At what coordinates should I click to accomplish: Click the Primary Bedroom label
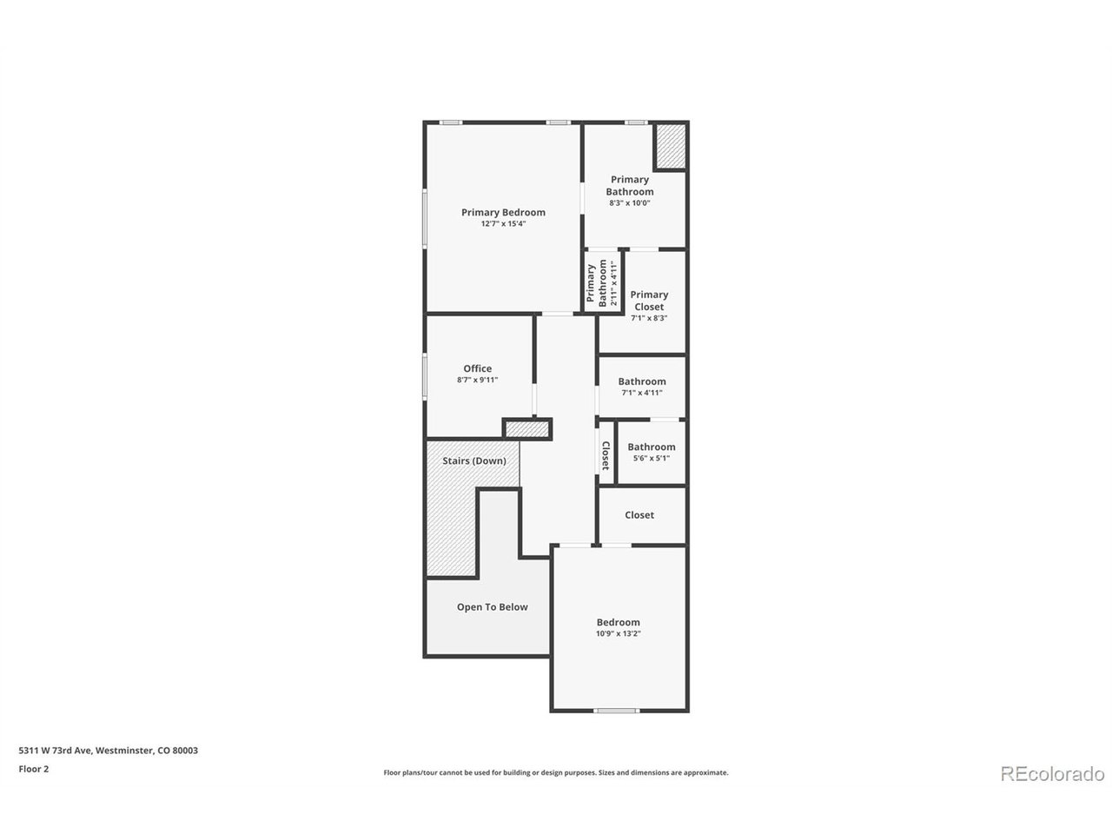pos(502,212)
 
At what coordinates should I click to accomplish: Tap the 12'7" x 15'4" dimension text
pos(502,224)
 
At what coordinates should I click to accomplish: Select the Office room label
pos(477,368)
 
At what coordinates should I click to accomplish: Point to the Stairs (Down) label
pos(473,460)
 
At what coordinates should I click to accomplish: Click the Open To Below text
pos(492,606)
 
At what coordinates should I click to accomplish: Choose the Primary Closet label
pos(648,301)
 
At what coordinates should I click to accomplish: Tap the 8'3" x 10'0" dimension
pos(629,203)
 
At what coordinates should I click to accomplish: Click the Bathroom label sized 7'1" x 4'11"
pos(641,381)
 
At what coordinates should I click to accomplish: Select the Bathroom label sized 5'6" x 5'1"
pos(651,447)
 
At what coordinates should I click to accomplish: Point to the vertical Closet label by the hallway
pos(605,455)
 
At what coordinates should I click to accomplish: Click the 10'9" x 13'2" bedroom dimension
pos(618,633)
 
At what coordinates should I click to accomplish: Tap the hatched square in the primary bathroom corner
pos(670,146)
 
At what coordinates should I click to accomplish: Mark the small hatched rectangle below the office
pos(526,429)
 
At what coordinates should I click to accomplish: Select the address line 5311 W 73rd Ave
pos(109,750)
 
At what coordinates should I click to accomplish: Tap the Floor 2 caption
pos(33,769)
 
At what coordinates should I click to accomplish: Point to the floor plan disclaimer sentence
pos(556,772)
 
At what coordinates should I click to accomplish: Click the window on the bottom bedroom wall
pos(616,711)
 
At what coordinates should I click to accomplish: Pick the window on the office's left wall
pos(425,376)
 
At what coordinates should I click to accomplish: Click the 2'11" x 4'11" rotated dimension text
pos(614,283)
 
